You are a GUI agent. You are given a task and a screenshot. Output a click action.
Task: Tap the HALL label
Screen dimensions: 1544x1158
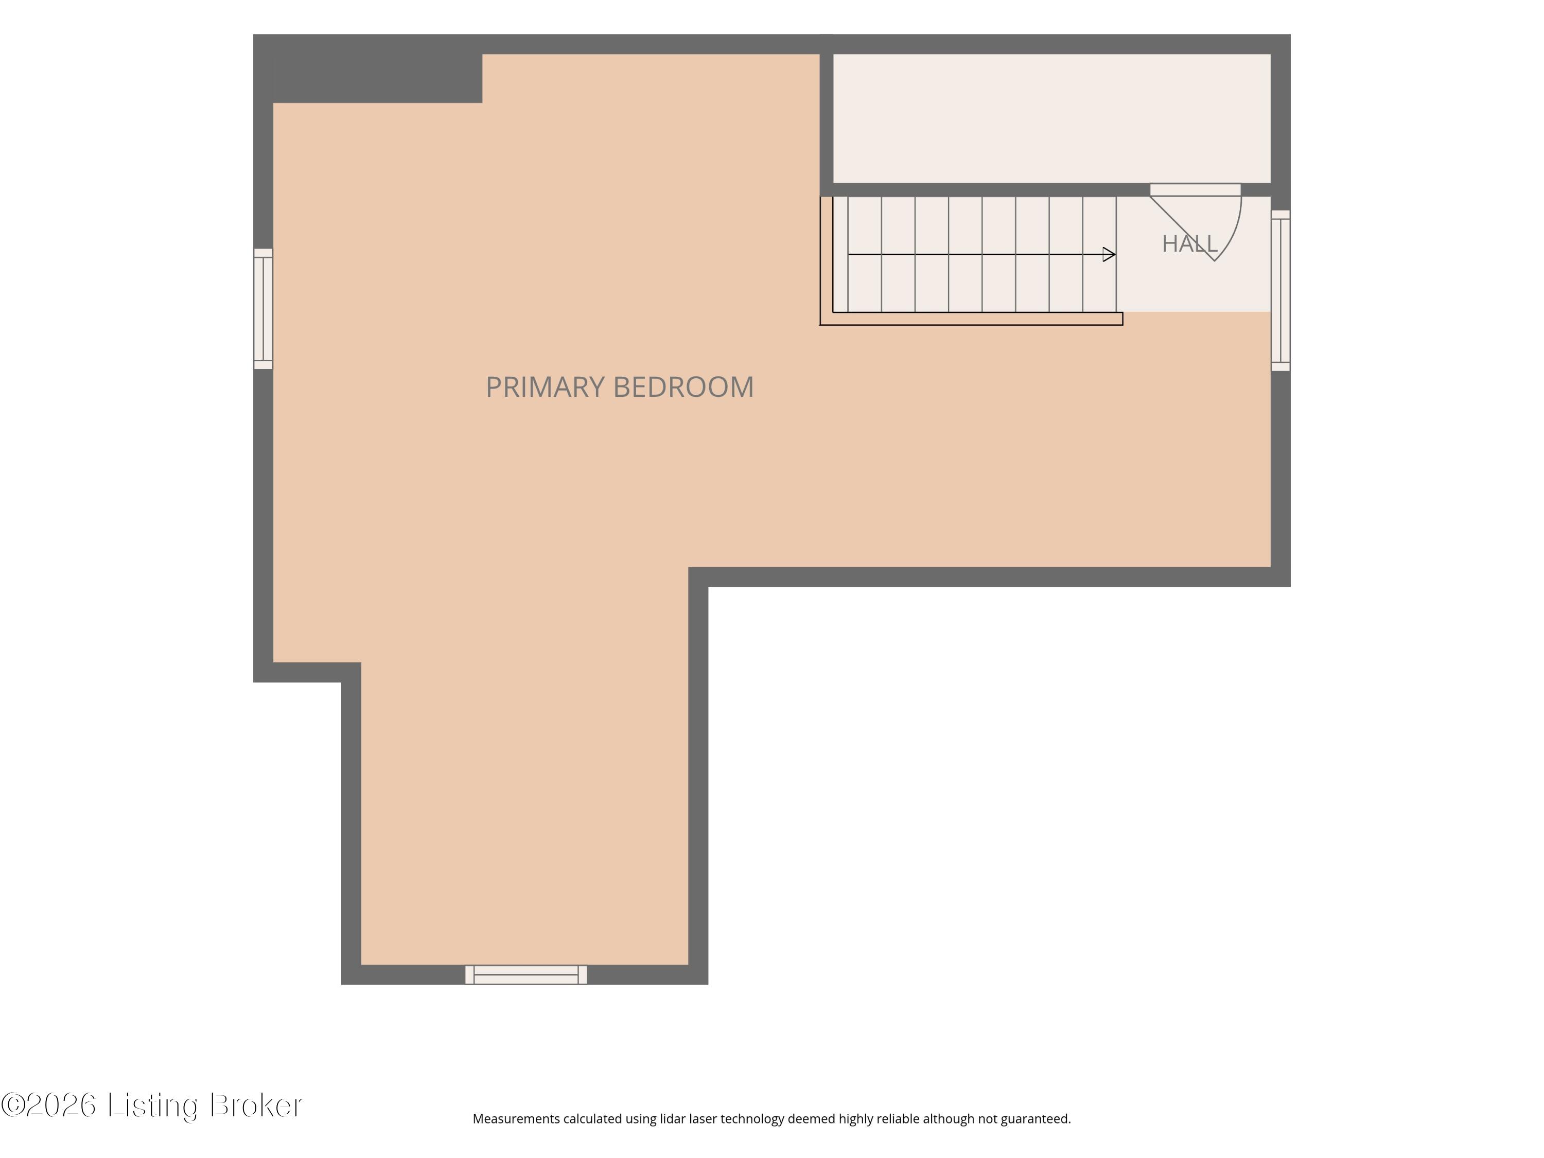point(1189,243)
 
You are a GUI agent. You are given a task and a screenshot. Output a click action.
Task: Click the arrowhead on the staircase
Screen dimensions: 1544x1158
point(1109,255)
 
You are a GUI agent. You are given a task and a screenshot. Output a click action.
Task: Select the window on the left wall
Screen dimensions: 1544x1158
point(263,308)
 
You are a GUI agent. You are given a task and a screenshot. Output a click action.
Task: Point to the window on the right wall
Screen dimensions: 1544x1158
point(1281,290)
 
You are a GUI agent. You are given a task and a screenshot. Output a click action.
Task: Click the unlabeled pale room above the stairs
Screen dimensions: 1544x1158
point(1052,119)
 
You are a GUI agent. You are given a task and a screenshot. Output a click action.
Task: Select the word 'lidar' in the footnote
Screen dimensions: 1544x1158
point(673,1119)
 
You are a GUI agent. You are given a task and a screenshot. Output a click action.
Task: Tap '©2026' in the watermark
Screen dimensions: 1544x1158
point(49,1105)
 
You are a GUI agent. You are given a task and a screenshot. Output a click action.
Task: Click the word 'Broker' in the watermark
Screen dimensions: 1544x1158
point(256,1105)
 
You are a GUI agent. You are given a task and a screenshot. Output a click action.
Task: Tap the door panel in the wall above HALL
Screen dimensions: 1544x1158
point(1195,190)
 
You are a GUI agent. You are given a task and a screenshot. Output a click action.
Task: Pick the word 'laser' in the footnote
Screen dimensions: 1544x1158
point(701,1119)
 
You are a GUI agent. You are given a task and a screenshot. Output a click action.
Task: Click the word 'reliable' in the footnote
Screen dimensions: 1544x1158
point(899,1119)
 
